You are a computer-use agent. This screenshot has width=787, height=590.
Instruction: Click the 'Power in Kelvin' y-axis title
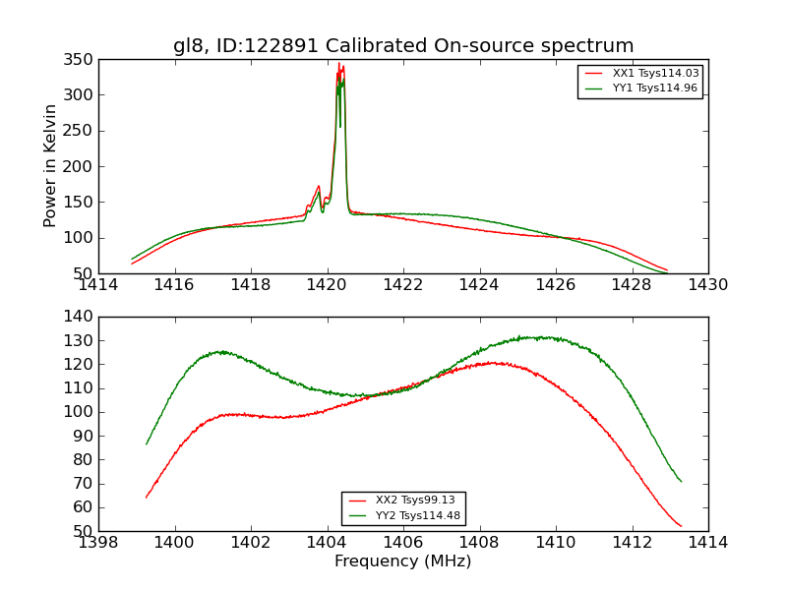click(x=50, y=166)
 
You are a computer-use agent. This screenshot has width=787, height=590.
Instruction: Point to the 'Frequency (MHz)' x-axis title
click(x=403, y=561)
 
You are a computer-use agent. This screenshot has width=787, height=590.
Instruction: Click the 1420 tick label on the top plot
click(x=327, y=284)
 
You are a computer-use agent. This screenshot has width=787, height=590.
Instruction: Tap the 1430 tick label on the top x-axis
click(x=707, y=284)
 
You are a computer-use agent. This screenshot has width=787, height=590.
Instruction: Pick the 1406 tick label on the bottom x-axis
click(x=403, y=542)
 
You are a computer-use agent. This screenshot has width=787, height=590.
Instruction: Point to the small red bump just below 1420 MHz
click(x=319, y=186)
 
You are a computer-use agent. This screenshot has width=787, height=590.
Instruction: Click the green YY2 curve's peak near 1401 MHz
click(x=222, y=351)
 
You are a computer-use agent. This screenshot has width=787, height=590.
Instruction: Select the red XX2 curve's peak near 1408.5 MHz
click(x=497, y=363)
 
